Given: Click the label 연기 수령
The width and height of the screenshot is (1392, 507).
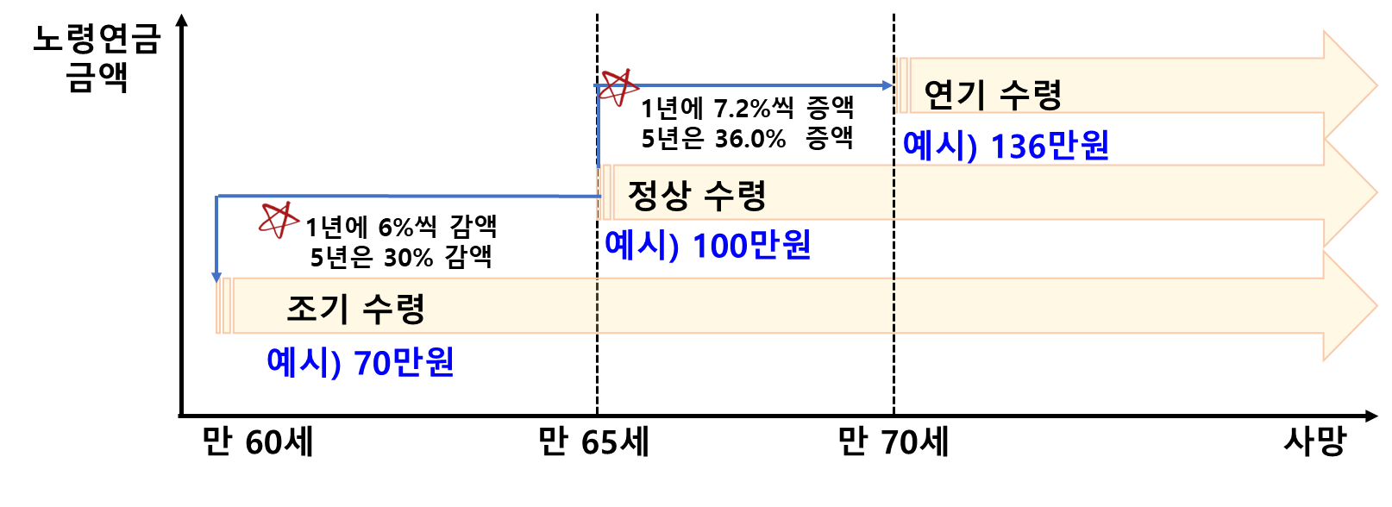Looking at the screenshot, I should pyautogui.click(x=992, y=94).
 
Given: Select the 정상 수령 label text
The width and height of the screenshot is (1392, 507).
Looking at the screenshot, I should pyautogui.click(x=696, y=195).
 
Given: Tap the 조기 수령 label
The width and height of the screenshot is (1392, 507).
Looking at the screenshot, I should pyautogui.click(x=355, y=308).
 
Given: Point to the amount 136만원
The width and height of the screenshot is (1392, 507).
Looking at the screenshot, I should pyautogui.click(x=1050, y=146).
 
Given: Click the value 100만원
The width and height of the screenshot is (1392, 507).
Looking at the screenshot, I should pyautogui.click(x=751, y=246).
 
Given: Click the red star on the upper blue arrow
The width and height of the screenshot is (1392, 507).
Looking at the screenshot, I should pyautogui.click(x=618, y=87).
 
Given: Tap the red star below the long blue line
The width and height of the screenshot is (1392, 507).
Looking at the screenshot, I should pyautogui.click(x=279, y=220).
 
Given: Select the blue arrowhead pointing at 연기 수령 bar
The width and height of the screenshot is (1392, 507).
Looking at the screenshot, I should pyautogui.click(x=888, y=85).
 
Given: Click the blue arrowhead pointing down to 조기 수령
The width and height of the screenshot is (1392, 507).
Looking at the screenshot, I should pyautogui.click(x=217, y=277).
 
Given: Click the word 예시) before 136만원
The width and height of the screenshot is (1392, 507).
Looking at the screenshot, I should pyautogui.click(x=939, y=146).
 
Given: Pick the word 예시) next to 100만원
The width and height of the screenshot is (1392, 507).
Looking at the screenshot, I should pyautogui.click(x=642, y=246).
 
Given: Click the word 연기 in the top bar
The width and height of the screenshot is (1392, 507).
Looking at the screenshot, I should pyautogui.click(x=953, y=94).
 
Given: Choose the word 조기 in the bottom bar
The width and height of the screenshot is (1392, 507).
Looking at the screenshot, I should pyautogui.click(x=317, y=308).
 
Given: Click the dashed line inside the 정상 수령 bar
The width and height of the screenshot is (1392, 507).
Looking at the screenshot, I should pyautogui.click(x=894, y=192).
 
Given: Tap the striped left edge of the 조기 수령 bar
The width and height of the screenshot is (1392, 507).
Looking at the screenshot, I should pyautogui.click(x=224, y=305).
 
